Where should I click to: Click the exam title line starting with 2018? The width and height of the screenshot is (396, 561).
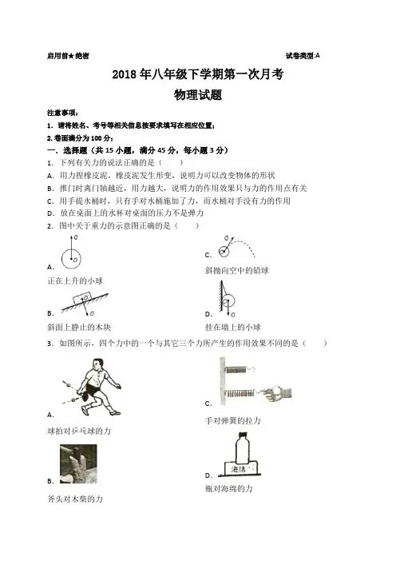coord(198,74)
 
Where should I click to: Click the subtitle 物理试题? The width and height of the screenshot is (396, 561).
coord(198,95)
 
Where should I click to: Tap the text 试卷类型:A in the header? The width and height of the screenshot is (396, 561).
coord(303,55)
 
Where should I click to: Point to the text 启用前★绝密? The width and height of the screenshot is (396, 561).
coord(68,56)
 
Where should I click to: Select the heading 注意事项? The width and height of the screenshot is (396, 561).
coord(62,113)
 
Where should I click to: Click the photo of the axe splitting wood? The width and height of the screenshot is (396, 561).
coord(78,464)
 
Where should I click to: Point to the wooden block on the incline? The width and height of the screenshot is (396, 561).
coord(83,297)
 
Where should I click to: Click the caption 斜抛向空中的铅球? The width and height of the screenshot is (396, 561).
coord(236,270)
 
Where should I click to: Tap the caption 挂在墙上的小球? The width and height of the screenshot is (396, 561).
coord(232,327)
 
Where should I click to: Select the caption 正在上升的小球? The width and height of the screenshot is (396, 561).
coord(75,280)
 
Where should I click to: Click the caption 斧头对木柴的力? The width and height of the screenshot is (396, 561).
coord(75,499)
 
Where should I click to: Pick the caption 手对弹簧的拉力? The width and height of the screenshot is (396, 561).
coord(232,420)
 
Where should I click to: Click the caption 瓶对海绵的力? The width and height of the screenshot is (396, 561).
coord(228,488)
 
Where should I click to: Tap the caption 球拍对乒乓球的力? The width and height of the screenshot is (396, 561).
coord(79,431)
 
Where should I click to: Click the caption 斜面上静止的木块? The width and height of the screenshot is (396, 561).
coord(79,327)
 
